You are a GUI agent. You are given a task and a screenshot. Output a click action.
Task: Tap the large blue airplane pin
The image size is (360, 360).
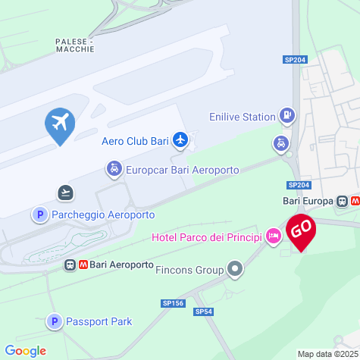pos(60,123)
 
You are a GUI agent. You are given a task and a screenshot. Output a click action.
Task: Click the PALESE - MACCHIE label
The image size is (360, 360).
pos(75,45)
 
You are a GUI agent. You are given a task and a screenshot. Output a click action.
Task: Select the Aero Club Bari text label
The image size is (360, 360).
pos(135,140)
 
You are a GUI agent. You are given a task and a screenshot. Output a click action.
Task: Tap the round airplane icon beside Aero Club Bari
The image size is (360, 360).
pos(180,139)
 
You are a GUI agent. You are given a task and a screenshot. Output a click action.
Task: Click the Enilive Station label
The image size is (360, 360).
pos(243,117)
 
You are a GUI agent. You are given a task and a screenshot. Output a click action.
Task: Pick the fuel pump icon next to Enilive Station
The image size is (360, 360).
pos(287,116)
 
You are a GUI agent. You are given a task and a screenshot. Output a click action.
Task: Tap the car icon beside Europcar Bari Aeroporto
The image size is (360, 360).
pos(113,168)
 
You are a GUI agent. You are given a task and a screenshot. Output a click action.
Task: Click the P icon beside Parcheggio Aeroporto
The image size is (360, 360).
pos(39,215)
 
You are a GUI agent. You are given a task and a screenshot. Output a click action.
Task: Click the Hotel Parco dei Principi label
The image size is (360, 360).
pos(207,237)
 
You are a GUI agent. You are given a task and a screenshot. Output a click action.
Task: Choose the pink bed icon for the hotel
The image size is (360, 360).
pos(274,237)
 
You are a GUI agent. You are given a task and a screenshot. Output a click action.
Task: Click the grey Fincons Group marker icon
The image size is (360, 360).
pos(236,268)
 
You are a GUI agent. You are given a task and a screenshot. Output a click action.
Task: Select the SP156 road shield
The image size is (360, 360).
pos(173,303)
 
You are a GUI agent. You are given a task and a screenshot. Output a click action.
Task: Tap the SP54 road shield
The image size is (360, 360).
pos(204,311)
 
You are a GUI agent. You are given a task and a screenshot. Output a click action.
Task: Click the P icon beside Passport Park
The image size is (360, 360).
pos(54,322)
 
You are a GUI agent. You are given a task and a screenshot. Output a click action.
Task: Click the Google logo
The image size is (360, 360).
pos(25,351)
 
